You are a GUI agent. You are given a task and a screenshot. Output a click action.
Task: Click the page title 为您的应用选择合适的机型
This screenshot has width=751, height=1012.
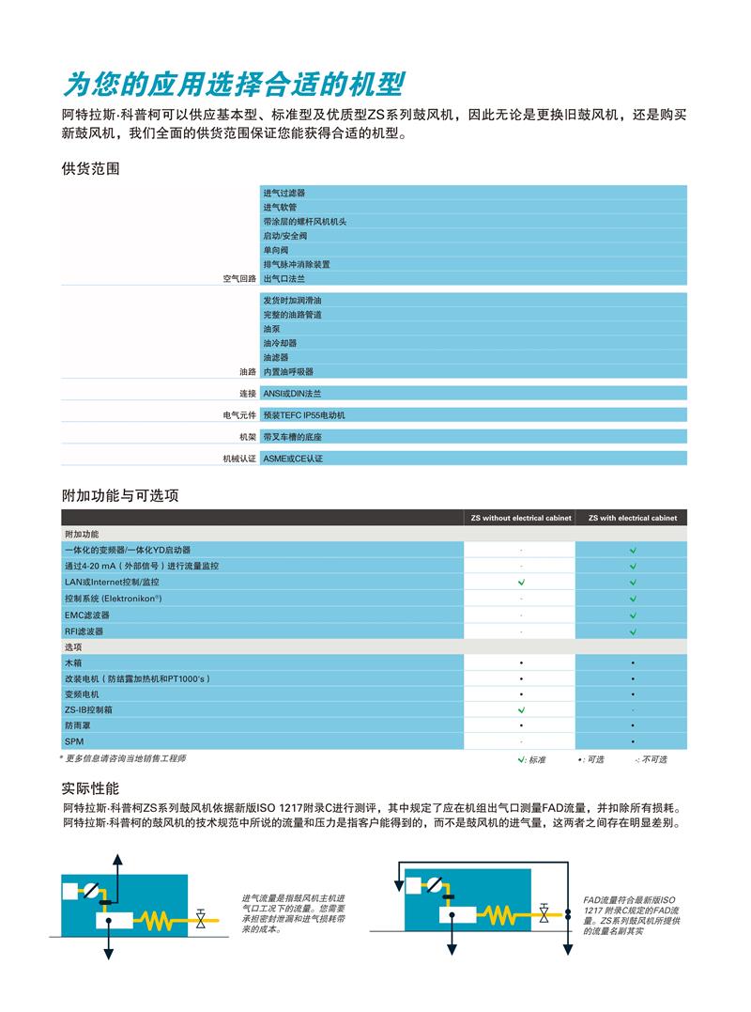233,84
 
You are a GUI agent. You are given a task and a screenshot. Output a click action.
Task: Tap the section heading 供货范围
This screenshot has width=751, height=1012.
91,169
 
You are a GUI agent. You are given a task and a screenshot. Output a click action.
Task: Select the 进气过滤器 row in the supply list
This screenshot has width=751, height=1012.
284,193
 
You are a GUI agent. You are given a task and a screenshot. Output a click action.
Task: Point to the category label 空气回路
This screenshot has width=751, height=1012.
238,279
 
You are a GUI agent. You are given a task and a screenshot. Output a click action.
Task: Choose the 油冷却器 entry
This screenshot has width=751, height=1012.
280,343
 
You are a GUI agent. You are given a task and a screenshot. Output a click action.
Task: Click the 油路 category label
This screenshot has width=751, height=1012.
247,372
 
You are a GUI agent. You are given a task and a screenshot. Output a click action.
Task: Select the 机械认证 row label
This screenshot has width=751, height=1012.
238,459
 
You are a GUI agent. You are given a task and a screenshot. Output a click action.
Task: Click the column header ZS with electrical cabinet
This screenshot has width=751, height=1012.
633,518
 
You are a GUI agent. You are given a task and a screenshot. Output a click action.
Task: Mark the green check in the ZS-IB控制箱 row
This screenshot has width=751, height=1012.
521,709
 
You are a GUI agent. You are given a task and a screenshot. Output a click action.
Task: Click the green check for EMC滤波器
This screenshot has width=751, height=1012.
633,615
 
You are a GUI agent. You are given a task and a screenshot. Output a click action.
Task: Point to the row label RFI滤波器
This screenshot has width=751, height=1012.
84,631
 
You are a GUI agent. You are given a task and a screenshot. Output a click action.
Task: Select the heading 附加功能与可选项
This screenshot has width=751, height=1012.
120,494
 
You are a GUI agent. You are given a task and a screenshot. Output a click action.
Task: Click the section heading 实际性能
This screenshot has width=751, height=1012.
91,787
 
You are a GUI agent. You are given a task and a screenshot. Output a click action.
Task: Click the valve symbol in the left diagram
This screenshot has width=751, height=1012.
202,918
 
